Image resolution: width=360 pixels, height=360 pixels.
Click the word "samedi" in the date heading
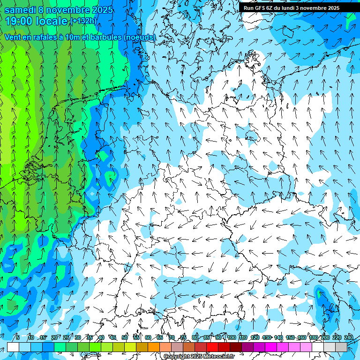[21, 10]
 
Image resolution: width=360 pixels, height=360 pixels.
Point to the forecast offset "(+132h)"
[83, 21]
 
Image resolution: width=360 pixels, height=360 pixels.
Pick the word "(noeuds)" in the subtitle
[140, 37]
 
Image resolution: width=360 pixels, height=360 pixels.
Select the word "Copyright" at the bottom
[177, 357]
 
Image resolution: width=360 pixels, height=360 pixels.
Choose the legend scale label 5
[18, 338]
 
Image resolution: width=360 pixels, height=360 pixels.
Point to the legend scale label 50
[125, 338]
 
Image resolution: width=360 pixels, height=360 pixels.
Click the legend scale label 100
[231, 338]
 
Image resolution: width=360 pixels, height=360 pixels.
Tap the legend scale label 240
[348, 338]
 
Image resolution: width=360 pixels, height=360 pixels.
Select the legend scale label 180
[313, 338]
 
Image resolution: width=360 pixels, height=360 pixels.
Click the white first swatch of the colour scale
[13, 347]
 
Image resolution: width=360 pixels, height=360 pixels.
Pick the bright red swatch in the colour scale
[212, 347]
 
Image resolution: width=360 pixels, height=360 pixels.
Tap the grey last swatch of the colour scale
[341, 347]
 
